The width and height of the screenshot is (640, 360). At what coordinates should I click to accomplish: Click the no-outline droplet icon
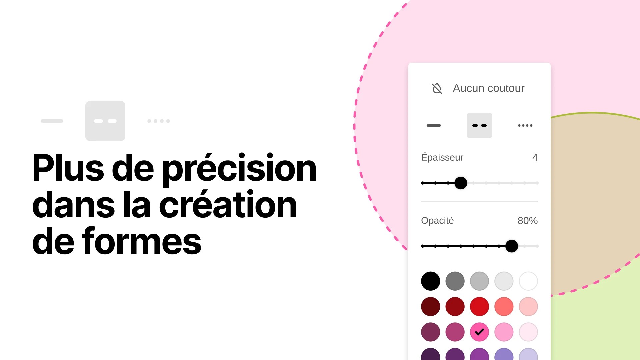click(437, 88)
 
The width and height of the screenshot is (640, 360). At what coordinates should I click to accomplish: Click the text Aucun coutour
click(488, 88)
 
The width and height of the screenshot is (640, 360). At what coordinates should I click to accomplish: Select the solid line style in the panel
click(434, 125)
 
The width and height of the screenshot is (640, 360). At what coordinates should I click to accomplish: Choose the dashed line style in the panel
click(479, 125)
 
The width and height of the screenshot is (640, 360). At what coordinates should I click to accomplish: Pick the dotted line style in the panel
click(525, 125)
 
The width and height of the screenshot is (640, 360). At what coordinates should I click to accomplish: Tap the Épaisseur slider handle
click(461, 183)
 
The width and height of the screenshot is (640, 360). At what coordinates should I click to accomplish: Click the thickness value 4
click(535, 157)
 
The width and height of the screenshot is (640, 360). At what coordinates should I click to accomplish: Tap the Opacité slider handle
click(512, 246)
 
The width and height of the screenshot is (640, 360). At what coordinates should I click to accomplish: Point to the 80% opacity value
click(528, 221)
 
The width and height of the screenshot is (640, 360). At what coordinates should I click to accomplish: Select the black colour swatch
click(431, 281)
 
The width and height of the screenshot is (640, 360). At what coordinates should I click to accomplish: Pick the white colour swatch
click(528, 281)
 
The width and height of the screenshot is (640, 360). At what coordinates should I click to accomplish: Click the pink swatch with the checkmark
click(479, 332)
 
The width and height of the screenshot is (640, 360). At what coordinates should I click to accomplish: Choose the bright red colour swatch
click(479, 306)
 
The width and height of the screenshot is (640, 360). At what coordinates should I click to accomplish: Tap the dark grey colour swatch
click(455, 281)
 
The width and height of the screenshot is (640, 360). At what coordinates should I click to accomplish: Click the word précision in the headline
click(239, 169)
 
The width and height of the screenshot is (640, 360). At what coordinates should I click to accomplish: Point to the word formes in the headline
click(142, 241)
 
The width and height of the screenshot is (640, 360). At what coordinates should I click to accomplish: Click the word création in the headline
click(228, 204)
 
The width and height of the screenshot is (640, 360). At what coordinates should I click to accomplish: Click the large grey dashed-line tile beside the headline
click(105, 121)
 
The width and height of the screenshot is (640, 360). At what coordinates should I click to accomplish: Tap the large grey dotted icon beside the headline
click(159, 121)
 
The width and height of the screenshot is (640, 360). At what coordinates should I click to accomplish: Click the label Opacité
click(437, 221)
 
